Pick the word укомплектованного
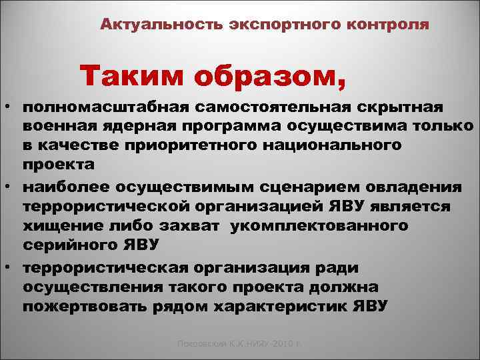coord(319,226)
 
